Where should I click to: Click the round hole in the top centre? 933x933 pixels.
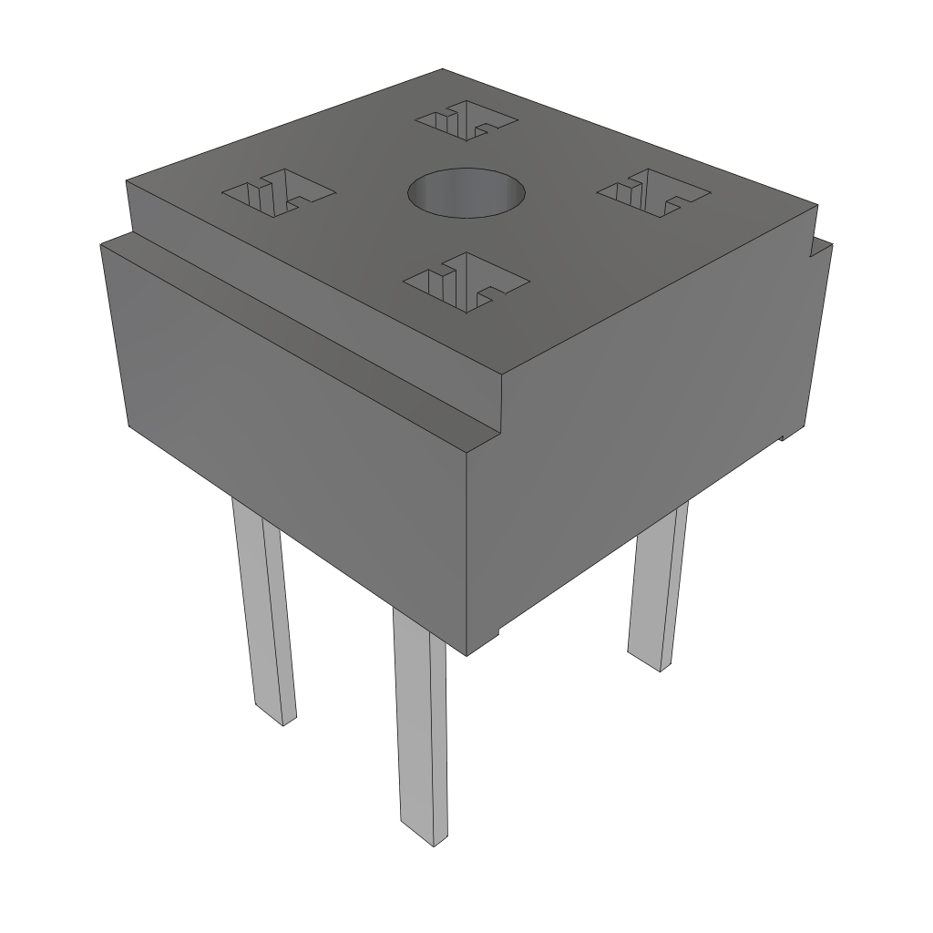coord(466,194)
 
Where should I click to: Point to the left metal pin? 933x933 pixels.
coord(263,610)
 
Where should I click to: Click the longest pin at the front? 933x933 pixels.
coord(421,729)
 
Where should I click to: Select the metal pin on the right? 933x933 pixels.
coord(658,592)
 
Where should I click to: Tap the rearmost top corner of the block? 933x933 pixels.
coord(443,69)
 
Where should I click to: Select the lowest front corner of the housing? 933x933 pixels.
coord(466,655)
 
